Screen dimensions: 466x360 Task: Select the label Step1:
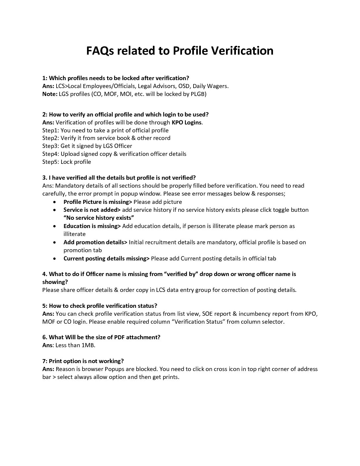(x=51, y=130)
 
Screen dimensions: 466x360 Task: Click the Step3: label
(x=51, y=146)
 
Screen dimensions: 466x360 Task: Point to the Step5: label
(x=51, y=162)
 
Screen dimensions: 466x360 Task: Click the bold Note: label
(x=50, y=94)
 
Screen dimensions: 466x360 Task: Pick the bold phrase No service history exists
(x=99, y=218)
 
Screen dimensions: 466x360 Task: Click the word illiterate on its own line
(x=74, y=234)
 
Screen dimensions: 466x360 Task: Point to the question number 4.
(x=45, y=274)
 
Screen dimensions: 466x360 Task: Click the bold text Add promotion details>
(x=95, y=242)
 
